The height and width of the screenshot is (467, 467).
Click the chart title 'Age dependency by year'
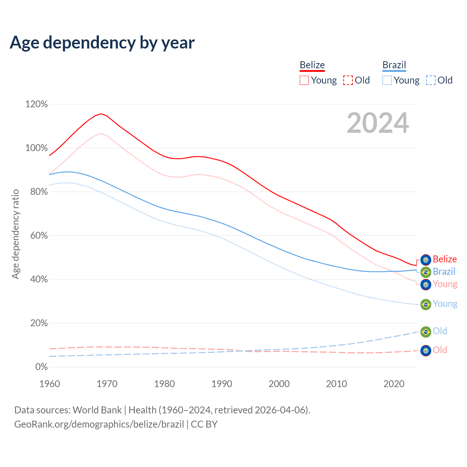102,42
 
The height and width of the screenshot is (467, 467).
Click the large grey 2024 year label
378,123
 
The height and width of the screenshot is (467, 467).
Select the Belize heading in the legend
312,65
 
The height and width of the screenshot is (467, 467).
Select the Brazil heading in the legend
394,65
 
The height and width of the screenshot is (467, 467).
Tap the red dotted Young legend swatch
304,80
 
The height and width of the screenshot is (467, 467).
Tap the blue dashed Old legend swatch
431,80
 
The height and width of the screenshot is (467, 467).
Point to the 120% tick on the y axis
36,104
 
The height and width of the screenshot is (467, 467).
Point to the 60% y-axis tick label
39,236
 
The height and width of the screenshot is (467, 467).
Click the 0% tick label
42,367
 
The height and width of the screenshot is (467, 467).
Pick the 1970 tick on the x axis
107,384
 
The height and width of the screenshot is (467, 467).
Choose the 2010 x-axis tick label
336,384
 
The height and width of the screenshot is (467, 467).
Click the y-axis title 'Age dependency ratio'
15,234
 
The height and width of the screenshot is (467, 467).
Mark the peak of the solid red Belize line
101,114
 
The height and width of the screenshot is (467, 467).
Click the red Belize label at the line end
445,259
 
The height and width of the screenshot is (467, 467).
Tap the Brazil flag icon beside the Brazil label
426,272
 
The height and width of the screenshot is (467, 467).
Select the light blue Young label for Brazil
445,304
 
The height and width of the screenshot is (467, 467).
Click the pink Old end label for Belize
440,350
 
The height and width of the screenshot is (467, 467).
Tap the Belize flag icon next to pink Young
426,284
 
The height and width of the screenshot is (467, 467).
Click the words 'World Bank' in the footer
97,410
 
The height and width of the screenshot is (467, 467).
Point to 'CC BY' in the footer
204,424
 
